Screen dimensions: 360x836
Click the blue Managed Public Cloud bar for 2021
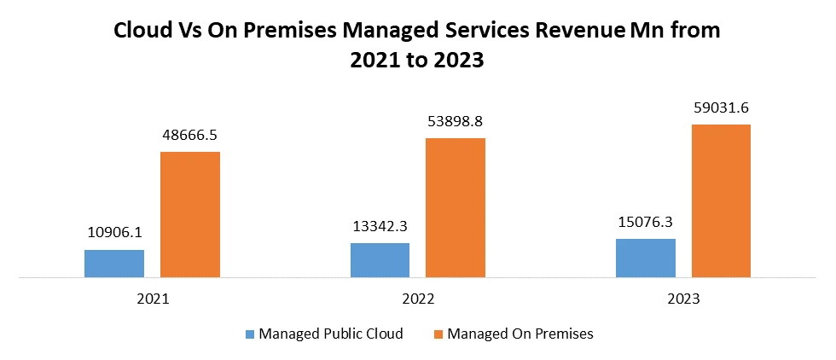(114, 264)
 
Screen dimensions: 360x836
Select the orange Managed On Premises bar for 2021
(190, 215)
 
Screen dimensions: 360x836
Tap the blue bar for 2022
(380, 260)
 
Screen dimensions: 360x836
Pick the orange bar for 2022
(456, 207)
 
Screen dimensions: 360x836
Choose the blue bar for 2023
(646, 258)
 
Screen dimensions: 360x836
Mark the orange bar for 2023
(721, 201)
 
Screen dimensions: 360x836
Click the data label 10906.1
(115, 232)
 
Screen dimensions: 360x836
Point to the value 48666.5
(191, 134)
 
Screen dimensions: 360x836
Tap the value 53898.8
(456, 120)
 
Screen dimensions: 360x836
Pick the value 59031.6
(722, 107)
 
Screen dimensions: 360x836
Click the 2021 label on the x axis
(153, 300)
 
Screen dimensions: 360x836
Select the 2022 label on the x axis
(418, 300)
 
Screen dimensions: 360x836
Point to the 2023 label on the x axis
(683, 300)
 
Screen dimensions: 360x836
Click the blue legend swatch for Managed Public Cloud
(250, 334)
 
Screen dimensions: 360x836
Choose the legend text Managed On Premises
(520, 334)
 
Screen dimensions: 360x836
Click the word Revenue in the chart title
(580, 32)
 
